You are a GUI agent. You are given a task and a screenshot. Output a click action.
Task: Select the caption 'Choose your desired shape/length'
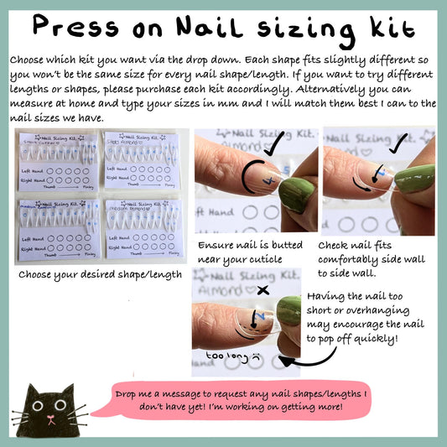click(x=99, y=274)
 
